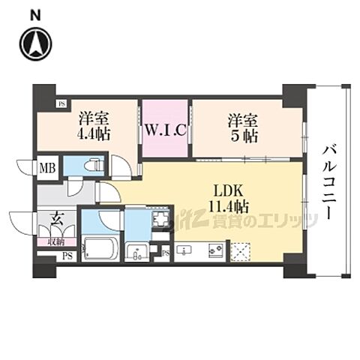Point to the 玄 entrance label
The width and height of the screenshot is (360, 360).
[57, 221]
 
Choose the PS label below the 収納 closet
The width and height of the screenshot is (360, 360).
[67, 257]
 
